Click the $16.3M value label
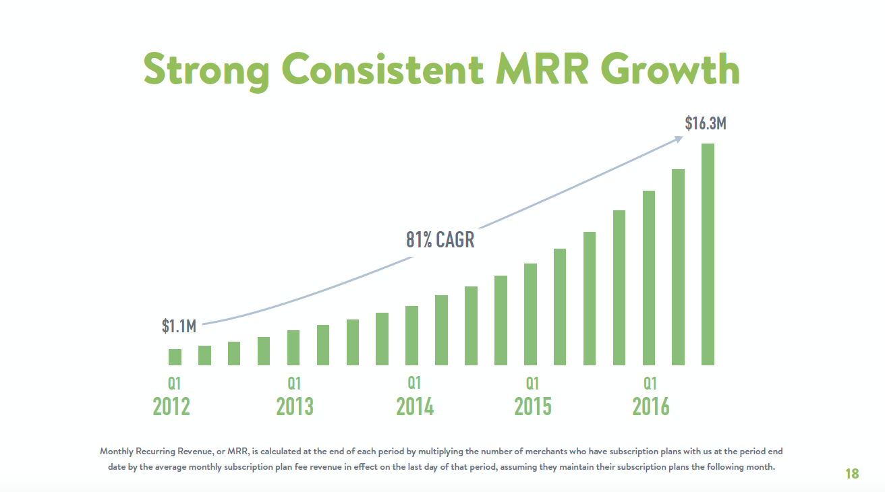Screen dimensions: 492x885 pos(706,123)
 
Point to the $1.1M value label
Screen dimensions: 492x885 pos(179,327)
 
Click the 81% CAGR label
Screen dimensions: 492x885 pos(440,239)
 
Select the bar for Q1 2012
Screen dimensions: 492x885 pos(175,357)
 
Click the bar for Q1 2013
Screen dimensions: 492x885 pos(293,348)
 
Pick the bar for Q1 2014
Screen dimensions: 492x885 pos(411,336)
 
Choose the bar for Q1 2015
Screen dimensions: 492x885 pos(530,314)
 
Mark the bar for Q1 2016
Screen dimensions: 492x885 pos(649,278)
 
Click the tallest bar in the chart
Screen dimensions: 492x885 pos(708,254)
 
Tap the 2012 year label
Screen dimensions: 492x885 pos(171,406)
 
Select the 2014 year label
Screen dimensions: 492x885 pos(415,406)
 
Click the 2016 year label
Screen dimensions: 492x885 pos(651,406)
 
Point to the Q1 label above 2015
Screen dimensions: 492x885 pos(533,383)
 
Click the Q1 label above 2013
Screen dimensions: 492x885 pos(294,383)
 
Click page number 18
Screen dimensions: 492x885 pos(852,474)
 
